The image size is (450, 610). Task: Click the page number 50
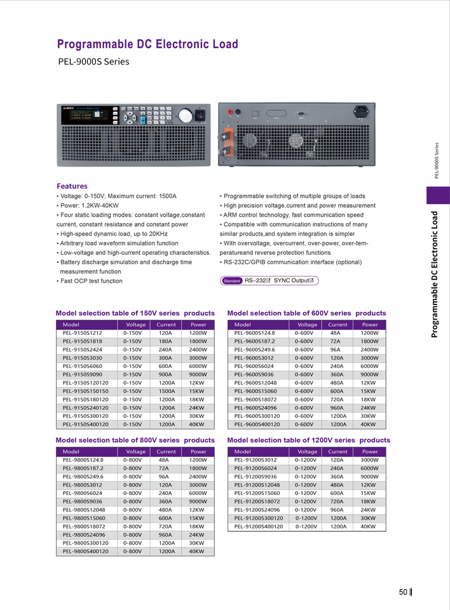[x=403, y=592]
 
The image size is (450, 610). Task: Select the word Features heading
[x=72, y=186]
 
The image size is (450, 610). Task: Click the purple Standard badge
[x=232, y=281]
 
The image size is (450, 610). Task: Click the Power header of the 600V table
[x=369, y=325]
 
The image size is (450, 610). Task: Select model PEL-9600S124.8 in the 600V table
[x=254, y=333]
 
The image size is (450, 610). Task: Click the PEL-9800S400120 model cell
[x=85, y=552]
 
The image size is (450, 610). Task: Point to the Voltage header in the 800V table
[x=136, y=452]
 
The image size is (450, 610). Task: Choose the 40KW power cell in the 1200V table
[x=368, y=526]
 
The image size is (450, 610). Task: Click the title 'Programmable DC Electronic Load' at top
[x=147, y=44]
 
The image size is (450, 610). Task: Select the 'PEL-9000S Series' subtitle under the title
[x=93, y=62]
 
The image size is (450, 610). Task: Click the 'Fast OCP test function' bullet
[x=90, y=281]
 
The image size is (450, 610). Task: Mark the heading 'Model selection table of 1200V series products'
[x=308, y=440]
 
